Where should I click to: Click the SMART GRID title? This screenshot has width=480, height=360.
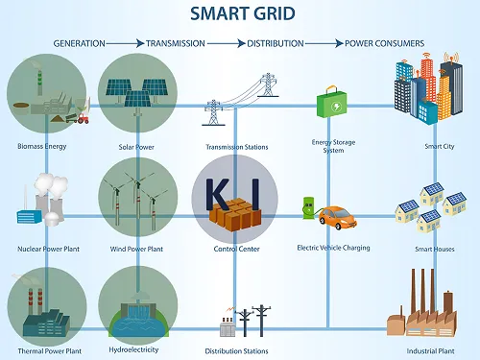(240, 14)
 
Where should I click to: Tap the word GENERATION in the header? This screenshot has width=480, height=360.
(80, 44)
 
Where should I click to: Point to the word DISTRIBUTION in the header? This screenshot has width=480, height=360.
(276, 44)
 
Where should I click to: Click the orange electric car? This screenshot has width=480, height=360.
(336, 219)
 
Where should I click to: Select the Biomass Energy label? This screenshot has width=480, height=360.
(42, 147)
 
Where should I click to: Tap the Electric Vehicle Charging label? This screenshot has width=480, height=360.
(334, 249)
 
